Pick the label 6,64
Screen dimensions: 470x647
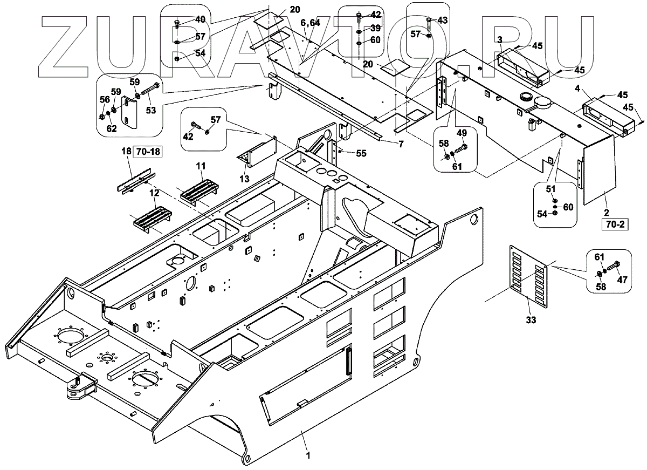tap(311, 22)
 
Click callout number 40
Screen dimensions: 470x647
tap(200, 19)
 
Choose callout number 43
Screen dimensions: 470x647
tap(442, 20)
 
